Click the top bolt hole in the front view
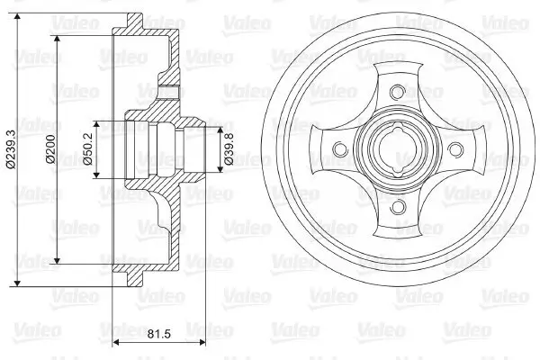(396, 91)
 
